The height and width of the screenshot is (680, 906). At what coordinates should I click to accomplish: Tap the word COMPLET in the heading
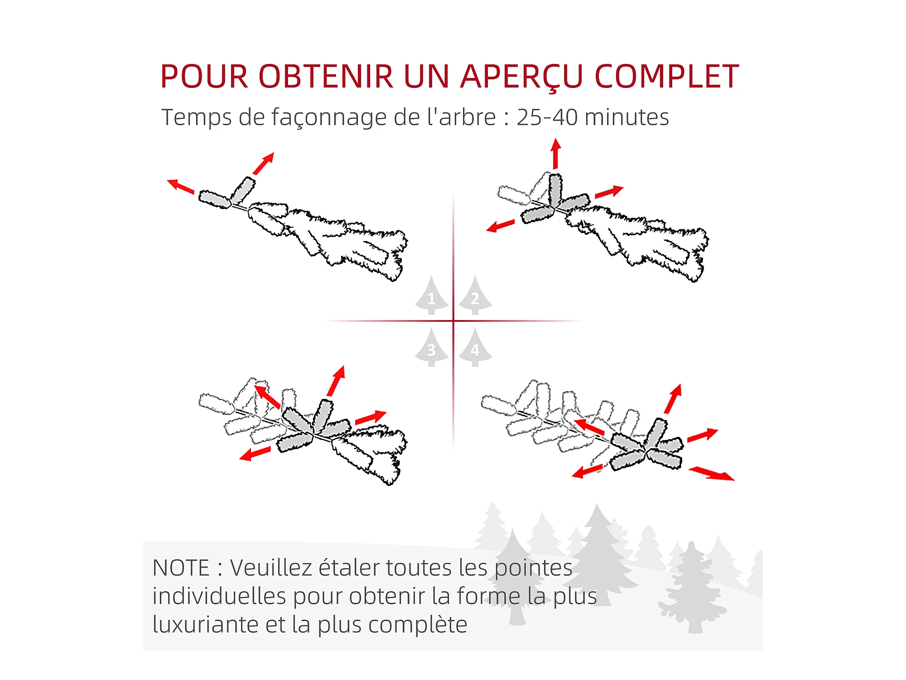tap(666, 76)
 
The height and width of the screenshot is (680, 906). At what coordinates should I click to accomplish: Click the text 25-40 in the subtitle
tap(547, 117)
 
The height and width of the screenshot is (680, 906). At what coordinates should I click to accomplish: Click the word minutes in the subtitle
tap(626, 117)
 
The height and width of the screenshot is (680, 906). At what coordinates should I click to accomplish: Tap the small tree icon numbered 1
tap(432, 295)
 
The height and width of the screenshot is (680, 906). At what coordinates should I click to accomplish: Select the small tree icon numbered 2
tap(475, 295)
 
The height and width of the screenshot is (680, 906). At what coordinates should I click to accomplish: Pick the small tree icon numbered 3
tap(432, 347)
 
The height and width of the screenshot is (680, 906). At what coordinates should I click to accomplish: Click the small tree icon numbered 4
tap(475, 347)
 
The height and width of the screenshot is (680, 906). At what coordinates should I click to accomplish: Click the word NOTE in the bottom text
tap(181, 568)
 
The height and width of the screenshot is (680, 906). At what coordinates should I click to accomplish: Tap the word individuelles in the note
tap(219, 596)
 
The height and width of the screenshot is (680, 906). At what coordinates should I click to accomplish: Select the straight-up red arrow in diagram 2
tap(556, 154)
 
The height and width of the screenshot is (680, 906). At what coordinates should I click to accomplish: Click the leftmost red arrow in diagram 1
tap(181, 186)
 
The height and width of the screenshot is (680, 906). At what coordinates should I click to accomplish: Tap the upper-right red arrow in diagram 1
tap(264, 163)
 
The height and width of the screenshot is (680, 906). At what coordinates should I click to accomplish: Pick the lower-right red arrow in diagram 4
tap(711, 473)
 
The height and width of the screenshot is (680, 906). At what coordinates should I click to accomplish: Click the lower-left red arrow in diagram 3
tap(255, 453)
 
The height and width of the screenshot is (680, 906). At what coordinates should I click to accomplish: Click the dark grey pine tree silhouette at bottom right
tap(692, 587)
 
